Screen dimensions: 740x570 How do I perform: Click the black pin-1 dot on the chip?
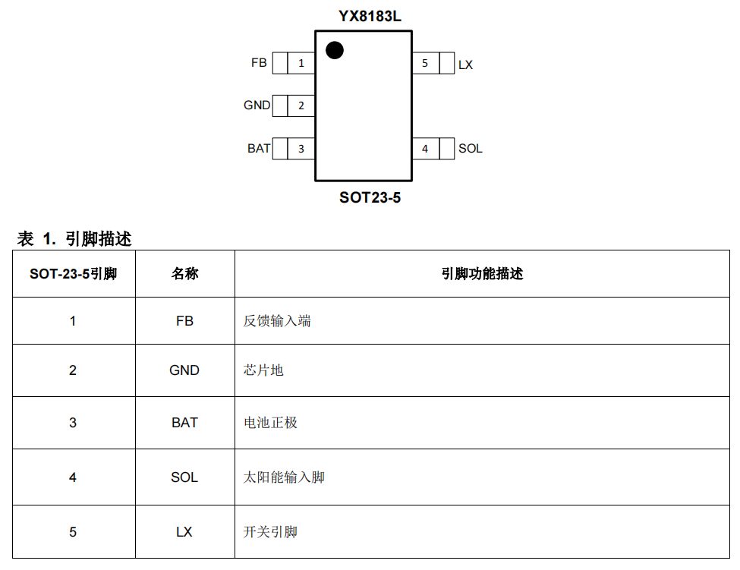pos(335,50)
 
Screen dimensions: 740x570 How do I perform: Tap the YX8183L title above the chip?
pos(370,17)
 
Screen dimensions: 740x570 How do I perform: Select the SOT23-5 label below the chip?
pos(370,197)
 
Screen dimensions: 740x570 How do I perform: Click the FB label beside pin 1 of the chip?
pos(259,63)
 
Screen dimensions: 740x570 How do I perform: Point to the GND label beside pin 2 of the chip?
pos(257,105)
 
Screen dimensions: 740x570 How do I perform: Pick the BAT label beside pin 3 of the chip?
pos(259,149)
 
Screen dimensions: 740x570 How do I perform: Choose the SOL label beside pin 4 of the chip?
pos(470,149)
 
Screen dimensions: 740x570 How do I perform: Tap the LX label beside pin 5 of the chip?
pos(465,65)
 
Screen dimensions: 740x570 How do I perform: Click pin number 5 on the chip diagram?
pos(425,63)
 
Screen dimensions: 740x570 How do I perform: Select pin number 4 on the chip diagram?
pos(425,149)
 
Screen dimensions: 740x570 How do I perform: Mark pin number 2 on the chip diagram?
pos(301,105)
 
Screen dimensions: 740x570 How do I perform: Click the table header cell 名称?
pos(185,274)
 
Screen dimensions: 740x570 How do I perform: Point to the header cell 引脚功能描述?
pos(482,274)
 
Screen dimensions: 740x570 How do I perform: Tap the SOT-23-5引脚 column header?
pos(73,274)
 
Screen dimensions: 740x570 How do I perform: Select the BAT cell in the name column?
pos(184,422)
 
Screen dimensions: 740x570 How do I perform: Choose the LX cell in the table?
pos(184,532)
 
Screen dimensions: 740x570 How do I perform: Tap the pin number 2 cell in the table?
pos(73,370)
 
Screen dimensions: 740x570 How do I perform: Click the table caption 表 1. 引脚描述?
pos(74,239)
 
